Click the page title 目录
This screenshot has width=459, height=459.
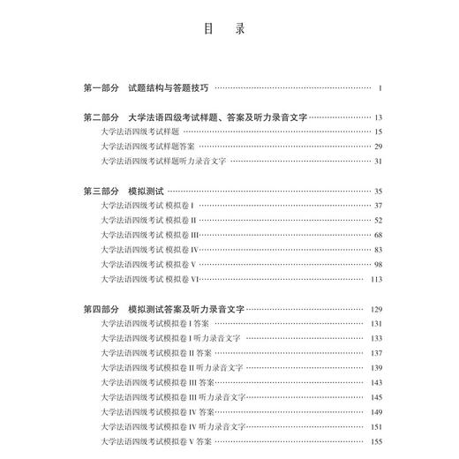[x=229, y=28]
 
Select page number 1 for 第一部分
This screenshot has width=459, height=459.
[x=378, y=88]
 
